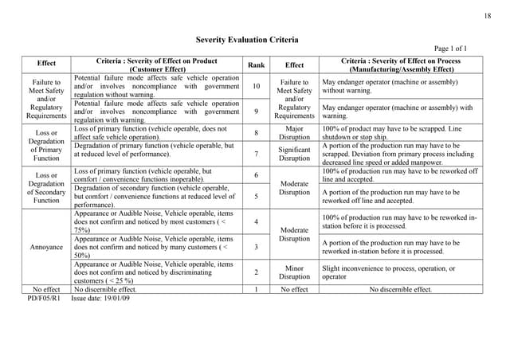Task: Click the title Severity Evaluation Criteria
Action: coord(254,39)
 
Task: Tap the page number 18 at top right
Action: coord(488,17)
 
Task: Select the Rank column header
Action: coord(256,65)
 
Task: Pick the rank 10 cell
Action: coord(256,86)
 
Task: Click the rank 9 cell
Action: coord(256,112)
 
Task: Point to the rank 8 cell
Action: coord(256,133)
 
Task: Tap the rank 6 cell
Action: coord(256,174)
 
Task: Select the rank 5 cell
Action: coord(256,196)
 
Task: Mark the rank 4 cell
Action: coord(256,221)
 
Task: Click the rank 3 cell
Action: coord(256,247)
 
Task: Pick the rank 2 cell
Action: coord(256,272)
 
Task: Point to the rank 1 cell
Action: coord(256,290)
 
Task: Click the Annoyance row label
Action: coord(46,247)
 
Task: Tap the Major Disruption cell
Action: coord(294,133)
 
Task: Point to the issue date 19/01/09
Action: coord(100,298)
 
